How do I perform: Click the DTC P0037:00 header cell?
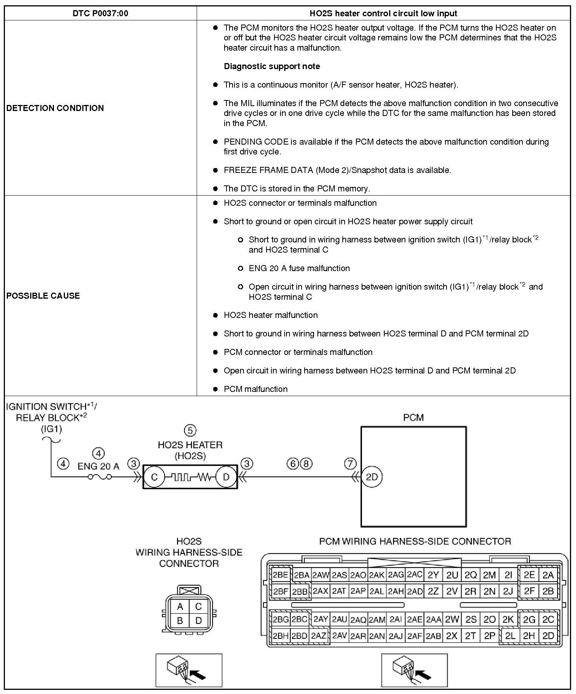100,14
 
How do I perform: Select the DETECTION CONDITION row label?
55,108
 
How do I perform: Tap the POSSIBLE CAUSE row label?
43,296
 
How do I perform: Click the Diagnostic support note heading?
272,66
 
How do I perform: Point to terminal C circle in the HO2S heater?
154,477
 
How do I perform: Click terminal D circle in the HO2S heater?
226,477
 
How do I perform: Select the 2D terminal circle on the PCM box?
372,477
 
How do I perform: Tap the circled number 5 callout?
190,430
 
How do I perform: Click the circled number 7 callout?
350,463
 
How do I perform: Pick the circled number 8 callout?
306,463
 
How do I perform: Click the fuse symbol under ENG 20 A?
100,477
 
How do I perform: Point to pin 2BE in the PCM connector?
280,575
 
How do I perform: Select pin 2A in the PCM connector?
548,575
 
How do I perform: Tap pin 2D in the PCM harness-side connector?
548,636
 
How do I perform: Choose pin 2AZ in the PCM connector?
319,636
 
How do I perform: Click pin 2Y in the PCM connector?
433,575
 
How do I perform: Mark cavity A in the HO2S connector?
180,607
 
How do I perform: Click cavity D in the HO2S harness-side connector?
199,620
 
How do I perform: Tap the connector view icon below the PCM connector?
414,669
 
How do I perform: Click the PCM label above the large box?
413,418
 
